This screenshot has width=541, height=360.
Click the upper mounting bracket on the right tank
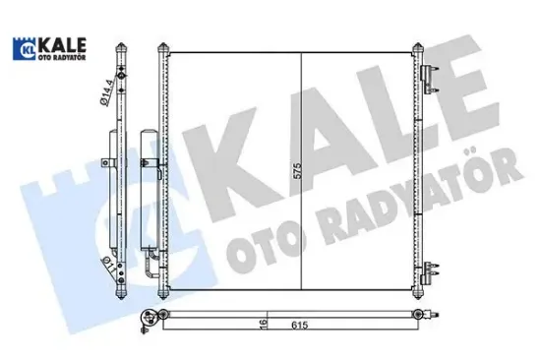click(427, 78)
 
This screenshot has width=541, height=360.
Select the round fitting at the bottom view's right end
click(434, 315)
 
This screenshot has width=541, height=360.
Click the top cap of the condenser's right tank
click(417, 46)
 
